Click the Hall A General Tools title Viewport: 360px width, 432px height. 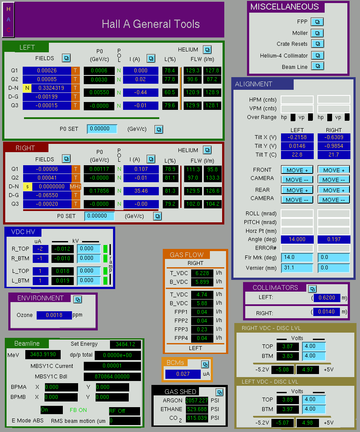pyautogui.click(x=151, y=24)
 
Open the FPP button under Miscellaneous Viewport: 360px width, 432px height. pyautogui.click(x=317, y=22)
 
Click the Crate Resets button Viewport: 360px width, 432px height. pyautogui.click(x=318, y=44)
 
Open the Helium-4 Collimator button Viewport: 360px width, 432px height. pyautogui.click(x=318, y=55)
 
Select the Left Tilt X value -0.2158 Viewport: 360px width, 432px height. pyautogui.click(x=297, y=137)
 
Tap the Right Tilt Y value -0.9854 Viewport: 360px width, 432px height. pyautogui.click(x=334, y=146)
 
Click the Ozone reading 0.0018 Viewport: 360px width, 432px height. pyautogui.click(x=54, y=315)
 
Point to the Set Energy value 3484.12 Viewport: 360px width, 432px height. pyautogui.click(x=126, y=344)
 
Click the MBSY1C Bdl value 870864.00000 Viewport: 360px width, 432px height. pyautogui.click(x=112, y=377)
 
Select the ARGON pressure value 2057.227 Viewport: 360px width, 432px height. pyautogui.click(x=197, y=400)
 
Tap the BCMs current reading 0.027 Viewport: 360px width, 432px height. pyautogui.click(x=183, y=374)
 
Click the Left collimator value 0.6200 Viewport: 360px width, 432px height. pyautogui.click(x=327, y=298)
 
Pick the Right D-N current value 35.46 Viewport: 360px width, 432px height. pyautogui.click(x=141, y=190)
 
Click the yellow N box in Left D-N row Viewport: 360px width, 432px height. pyautogui.click(x=27, y=88)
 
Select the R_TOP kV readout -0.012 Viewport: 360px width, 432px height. pyautogui.click(x=63, y=249)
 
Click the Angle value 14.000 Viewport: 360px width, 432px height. pyautogui.click(x=297, y=239)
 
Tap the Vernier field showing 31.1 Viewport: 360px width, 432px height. pyautogui.click(x=297, y=268)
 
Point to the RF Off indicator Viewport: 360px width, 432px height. pyautogui.click(x=125, y=411)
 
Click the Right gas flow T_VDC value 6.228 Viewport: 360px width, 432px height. pyautogui.click(x=202, y=273)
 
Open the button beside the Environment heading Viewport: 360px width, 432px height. pyautogui.click(x=78, y=299)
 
